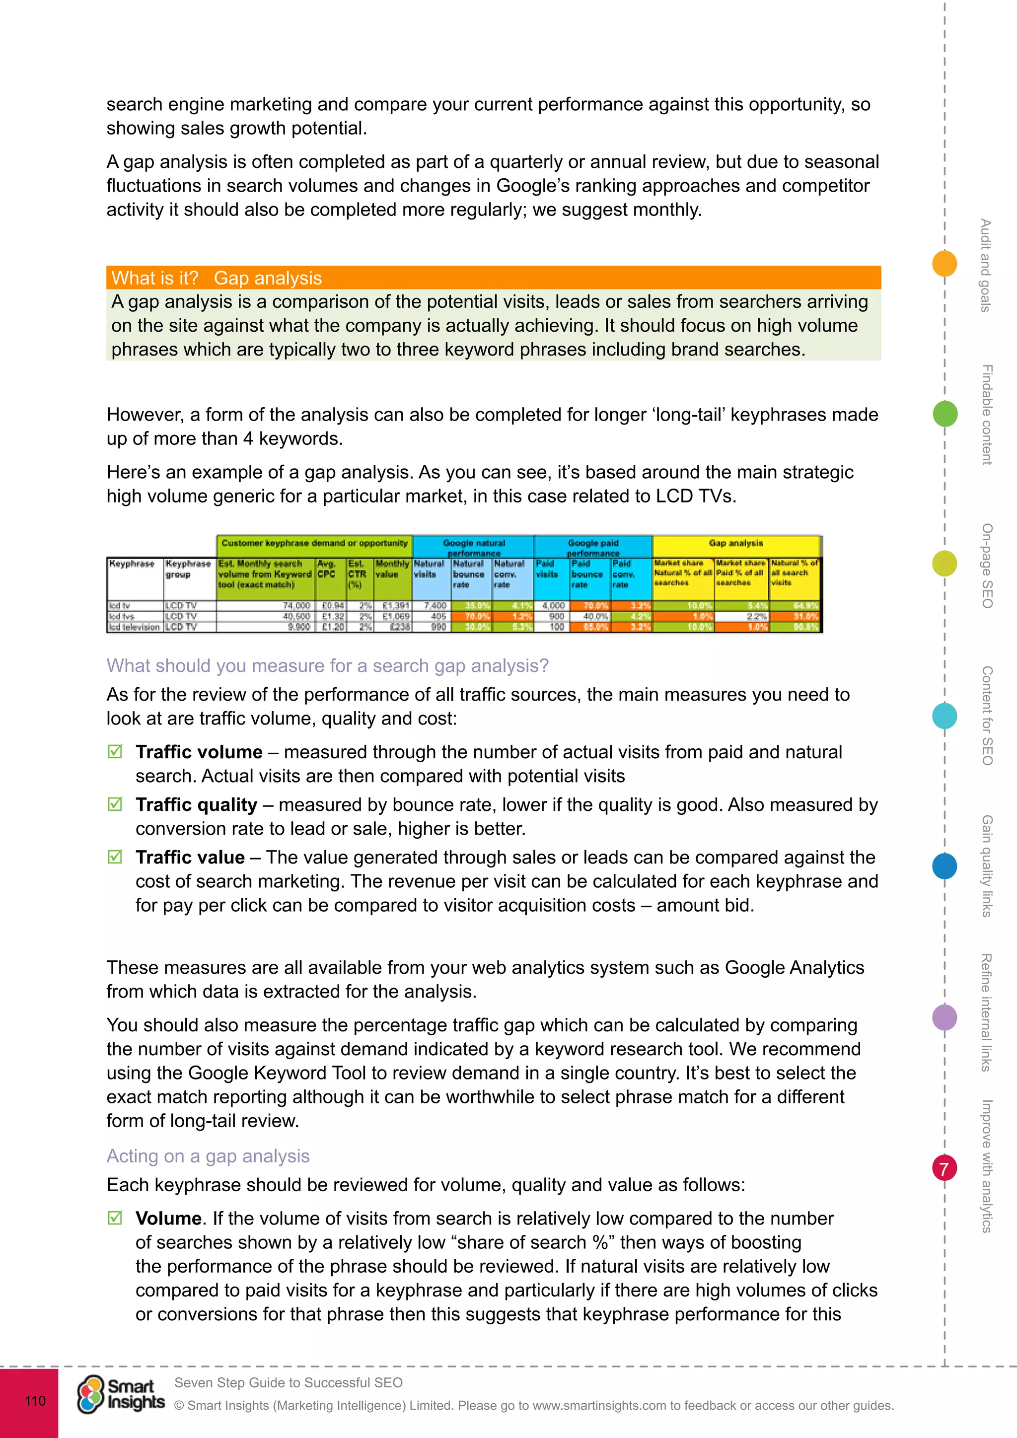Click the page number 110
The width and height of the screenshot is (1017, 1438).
35,1400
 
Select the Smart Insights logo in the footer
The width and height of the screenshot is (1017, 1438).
120,1394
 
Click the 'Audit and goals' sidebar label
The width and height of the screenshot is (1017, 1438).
986,265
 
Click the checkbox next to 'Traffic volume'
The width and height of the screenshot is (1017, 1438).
115,752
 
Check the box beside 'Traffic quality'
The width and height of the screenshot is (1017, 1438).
115,804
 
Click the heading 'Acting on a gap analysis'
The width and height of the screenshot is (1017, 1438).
208,1155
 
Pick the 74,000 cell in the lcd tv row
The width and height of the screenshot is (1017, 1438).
296,606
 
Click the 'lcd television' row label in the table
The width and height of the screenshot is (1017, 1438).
134,627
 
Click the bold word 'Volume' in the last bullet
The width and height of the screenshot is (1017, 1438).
168,1218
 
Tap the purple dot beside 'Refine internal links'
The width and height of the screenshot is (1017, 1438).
944,1017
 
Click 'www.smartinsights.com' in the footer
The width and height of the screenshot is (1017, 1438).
599,1405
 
